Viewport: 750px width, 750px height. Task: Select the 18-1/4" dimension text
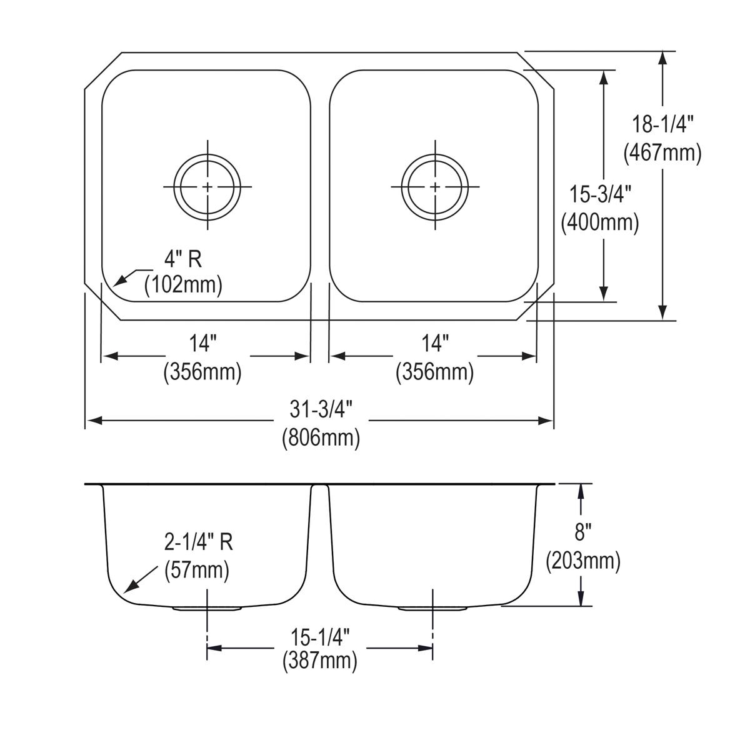[662, 126]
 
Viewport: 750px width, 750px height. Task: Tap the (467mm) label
[662, 152]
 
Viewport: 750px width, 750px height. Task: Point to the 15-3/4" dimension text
[600, 195]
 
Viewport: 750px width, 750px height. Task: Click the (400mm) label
[600, 222]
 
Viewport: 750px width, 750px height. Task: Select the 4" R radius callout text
[183, 259]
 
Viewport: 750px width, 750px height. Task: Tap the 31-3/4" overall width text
[321, 410]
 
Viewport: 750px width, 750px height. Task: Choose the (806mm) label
[321, 437]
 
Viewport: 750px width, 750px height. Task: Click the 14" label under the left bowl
[202, 344]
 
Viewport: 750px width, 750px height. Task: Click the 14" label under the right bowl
[435, 344]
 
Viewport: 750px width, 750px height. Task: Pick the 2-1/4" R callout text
[199, 542]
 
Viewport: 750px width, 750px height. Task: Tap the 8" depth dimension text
[582, 533]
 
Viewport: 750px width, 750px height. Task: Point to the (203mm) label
[582, 561]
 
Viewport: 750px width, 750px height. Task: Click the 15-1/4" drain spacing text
[319, 638]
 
